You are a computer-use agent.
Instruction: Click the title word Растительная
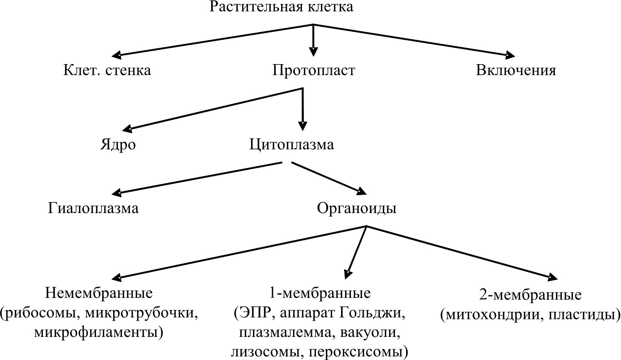click(x=256, y=7)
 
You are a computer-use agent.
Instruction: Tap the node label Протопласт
click(x=313, y=70)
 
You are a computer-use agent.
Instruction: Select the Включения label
click(x=516, y=70)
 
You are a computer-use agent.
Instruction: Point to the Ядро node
click(x=118, y=145)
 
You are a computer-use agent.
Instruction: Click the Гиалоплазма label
click(x=93, y=208)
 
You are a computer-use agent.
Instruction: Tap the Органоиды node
click(x=357, y=208)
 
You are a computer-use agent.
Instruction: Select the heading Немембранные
click(x=99, y=293)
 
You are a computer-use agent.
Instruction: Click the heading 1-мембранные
click(x=319, y=293)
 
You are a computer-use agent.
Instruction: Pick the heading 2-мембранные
click(x=530, y=295)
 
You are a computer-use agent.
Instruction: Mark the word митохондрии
click(x=489, y=315)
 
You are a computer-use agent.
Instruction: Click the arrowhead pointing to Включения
click(x=509, y=55)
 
